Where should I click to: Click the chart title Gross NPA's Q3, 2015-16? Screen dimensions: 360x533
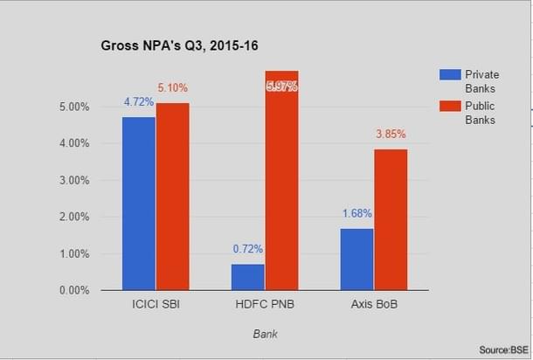click(180, 43)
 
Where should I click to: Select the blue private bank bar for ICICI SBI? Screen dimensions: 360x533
click(139, 203)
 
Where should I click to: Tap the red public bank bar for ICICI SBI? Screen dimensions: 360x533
click(172, 196)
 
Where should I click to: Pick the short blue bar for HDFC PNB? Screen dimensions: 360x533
click(248, 276)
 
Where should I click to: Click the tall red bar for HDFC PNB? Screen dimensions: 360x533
click(281, 180)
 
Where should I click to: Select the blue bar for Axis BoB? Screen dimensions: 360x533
click(356, 259)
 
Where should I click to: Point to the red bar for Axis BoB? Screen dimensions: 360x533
click(391, 218)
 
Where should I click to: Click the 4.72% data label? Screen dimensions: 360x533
click(139, 102)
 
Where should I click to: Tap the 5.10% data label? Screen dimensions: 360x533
click(172, 88)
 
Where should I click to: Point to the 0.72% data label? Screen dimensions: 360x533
click(248, 249)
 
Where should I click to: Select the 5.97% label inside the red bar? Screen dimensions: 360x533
click(281, 87)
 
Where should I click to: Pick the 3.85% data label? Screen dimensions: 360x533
click(391, 135)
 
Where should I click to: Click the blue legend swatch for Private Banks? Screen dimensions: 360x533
click(449, 74)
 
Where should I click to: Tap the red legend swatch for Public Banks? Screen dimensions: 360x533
click(449, 107)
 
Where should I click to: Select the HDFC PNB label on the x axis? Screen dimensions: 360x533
click(265, 306)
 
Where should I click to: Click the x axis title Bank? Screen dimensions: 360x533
click(265, 333)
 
